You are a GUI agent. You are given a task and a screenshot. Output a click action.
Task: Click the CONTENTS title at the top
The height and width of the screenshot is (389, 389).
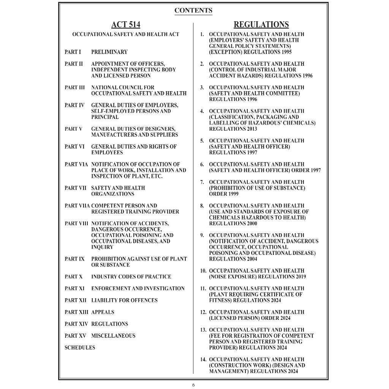click(193, 10)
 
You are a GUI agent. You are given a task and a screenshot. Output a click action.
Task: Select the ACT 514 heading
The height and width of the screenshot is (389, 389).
click(126, 25)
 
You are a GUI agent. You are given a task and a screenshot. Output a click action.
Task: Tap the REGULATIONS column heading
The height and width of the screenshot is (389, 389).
click(261, 25)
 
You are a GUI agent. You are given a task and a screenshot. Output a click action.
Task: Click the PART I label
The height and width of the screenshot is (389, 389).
click(73, 52)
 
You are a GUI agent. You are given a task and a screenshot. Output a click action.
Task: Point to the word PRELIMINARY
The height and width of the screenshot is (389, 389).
click(109, 52)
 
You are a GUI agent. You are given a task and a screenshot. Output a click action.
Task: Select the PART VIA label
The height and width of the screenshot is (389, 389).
click(76, 164)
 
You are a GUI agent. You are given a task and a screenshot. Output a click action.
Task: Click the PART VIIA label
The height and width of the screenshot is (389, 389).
click(77, 206)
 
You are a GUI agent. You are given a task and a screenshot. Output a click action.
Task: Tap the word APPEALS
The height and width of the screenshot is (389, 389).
click(103, 312)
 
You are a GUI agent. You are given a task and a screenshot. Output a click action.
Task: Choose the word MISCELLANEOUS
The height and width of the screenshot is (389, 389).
click(113, 336)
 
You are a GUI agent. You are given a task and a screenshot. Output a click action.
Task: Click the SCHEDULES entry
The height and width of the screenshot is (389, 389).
click(80, 348)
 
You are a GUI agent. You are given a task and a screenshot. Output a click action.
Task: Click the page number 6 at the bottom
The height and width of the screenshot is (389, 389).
click(193, 385)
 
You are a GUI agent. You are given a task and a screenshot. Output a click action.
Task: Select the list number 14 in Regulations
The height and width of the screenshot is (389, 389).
click(203, 359)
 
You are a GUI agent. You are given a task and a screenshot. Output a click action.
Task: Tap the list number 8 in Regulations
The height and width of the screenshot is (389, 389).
click(202, 206)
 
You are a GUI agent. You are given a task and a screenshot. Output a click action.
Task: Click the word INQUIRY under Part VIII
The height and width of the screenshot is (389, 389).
click(102, 247)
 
